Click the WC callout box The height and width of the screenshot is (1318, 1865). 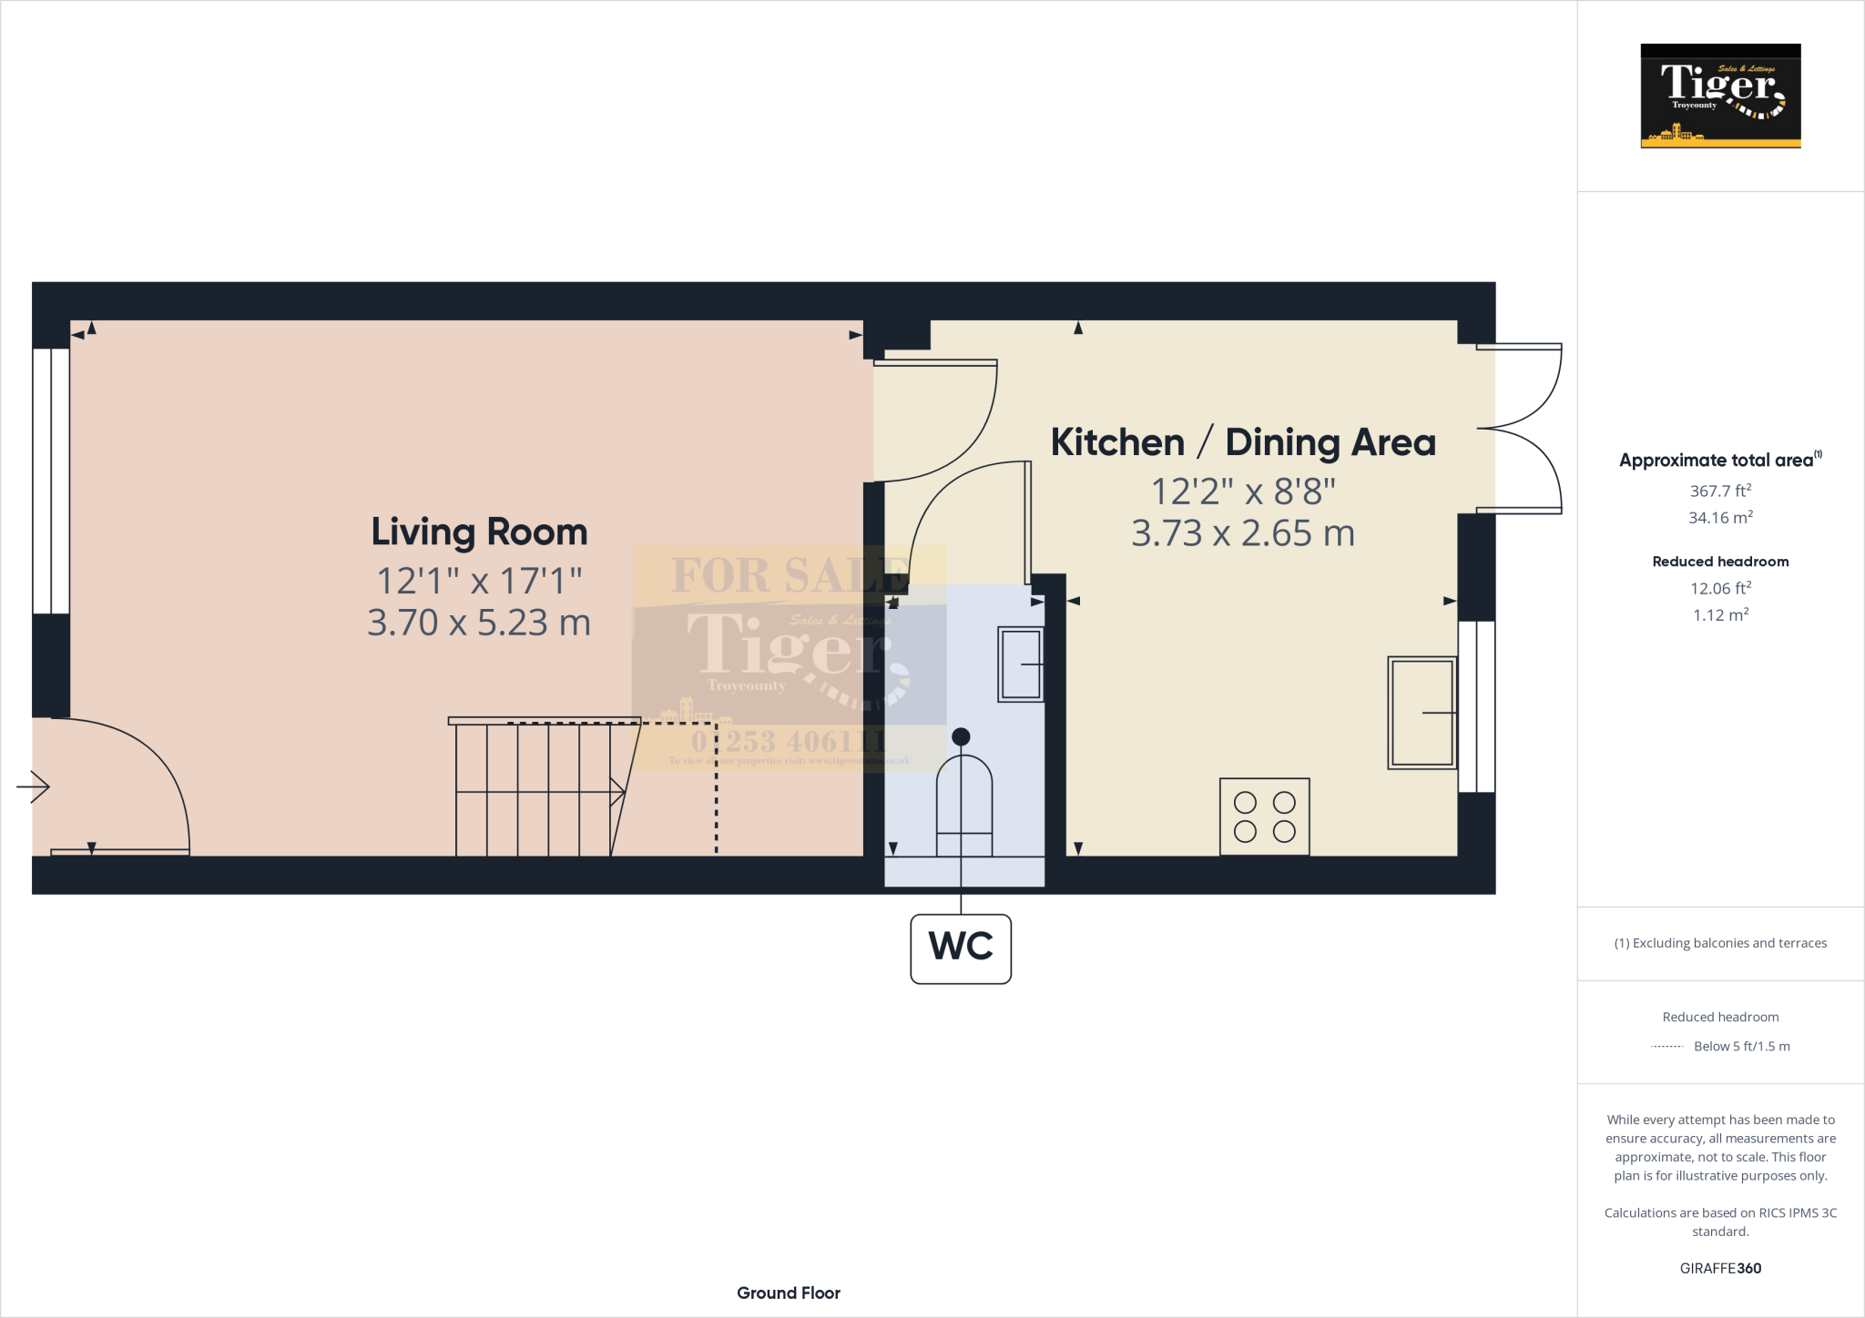click(961, 948)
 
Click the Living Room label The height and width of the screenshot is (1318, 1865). click(479, 532)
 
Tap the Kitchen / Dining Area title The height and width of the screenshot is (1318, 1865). click(1243, 442)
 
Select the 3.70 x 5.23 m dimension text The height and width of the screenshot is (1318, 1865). click(479, 624)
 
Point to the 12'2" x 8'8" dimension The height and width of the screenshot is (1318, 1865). click(1243, 492)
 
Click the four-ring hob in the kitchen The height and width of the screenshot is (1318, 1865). click(1264, 816)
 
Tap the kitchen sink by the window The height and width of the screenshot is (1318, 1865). click(1422, 713)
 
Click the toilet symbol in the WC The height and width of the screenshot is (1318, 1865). click(964, 801)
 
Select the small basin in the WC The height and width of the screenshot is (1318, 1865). click(1020, 664)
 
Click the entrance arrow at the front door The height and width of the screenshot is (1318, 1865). click(34, 786)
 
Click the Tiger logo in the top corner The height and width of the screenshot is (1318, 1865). click(1720, 96)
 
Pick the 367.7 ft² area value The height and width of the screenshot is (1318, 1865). click(1720, 491)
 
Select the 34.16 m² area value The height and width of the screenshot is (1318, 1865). click(1720, 518)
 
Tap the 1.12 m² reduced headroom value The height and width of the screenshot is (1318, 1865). click(1720, 615)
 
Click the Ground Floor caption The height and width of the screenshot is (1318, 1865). click(789, 1293)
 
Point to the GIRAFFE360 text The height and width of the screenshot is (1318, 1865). click(1720, 1268)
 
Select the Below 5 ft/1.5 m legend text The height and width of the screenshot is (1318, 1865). click(1741, 1047)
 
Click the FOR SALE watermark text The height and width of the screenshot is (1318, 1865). click(789, 574)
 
